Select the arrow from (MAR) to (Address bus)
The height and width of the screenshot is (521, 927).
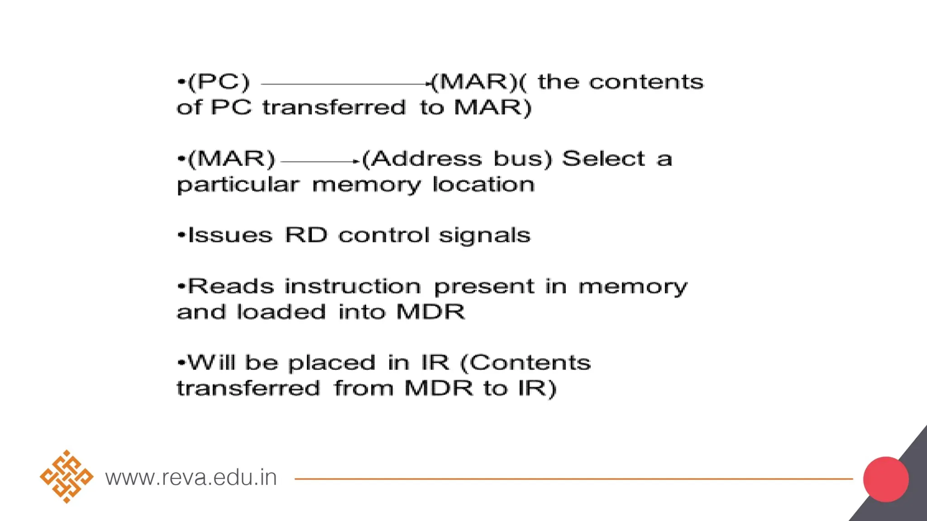(x=320, y=161)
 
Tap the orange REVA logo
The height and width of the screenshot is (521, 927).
(x=67, y=477)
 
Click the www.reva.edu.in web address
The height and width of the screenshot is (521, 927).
(x=191, y=478)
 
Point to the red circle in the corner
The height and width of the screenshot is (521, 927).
(x=885, y=479)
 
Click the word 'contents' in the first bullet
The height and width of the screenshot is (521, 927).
(x=646, y=82)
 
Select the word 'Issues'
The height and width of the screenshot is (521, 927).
(x=230, y=236)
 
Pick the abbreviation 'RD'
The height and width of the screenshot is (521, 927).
(x=306, y=235)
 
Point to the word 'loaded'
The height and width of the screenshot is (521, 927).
(x=281, y=312)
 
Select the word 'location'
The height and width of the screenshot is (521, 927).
(x=483, y=185)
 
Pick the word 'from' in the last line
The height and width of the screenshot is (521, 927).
(x=364, y=388)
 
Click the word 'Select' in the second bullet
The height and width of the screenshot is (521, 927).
(x=603, y=159)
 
